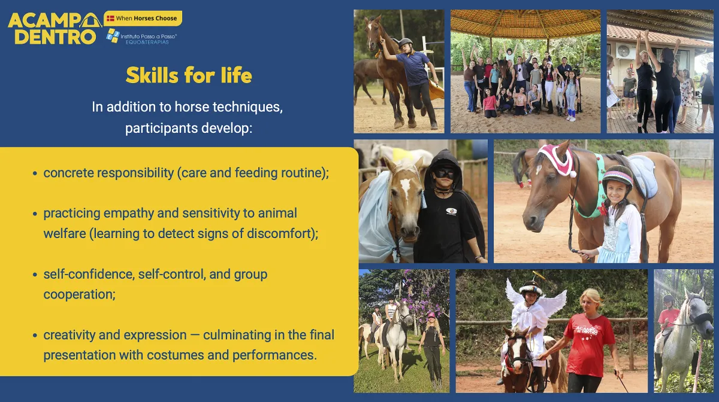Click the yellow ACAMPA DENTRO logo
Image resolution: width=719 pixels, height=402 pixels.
pos(55,29)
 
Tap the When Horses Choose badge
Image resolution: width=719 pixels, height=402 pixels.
pos(143,19)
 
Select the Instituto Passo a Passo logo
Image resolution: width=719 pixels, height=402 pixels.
pos(141,36)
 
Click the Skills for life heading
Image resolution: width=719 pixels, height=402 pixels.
pos(189,75)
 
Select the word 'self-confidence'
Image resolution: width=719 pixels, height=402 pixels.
pos(89,275)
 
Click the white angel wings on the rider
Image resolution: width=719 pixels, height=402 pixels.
pos(536,300)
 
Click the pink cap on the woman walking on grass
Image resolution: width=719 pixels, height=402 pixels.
pos(431,315)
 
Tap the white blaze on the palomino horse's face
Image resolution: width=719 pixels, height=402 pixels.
pos(405,188)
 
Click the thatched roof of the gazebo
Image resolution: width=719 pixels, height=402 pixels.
pos(525,23)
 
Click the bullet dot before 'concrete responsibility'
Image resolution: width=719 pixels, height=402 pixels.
pos(35,173)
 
